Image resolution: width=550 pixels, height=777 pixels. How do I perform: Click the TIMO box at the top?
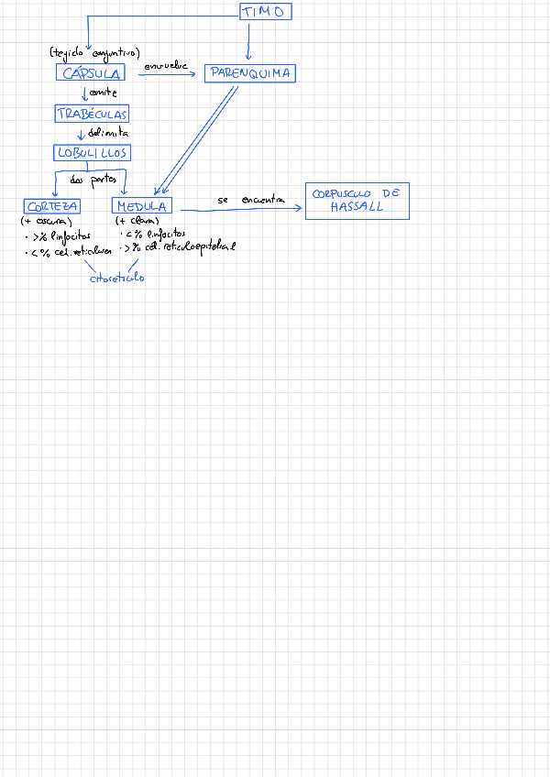pos(266,12)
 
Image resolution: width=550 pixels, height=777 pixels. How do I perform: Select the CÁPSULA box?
pos(90,73)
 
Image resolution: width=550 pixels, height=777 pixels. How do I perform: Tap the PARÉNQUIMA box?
pos(249,73)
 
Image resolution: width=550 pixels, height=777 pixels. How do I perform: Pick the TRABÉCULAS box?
pos(91,115)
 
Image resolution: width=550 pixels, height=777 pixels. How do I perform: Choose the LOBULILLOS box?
pos(91,153)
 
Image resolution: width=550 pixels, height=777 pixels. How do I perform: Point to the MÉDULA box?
pos(141,206)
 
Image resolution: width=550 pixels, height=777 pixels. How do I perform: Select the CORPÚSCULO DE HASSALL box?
pos(357,201)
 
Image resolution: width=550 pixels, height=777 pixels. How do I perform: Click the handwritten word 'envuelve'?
pos(166,66)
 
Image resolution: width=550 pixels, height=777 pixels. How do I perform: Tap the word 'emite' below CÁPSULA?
pos(104,93)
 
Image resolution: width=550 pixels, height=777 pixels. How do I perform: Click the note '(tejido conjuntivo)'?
pos(94,53)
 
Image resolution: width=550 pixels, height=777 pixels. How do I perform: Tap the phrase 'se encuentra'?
pos(251,200)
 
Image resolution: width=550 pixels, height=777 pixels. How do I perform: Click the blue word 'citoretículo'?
pos(116,279)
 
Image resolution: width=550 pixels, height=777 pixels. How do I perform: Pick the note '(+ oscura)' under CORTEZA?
pos(46,221)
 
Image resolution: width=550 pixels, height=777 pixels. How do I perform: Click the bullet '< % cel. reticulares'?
pos(70,251)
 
